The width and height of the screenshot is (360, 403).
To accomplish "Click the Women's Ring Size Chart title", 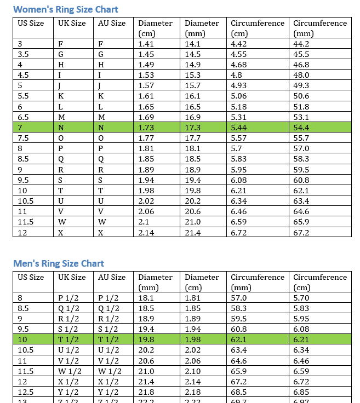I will (x=66, y=9).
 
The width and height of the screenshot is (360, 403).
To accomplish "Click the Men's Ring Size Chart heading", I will (x=59, y=263).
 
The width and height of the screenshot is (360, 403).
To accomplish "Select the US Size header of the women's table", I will (x=31, y=23).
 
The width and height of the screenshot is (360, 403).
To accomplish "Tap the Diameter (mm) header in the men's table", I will (x=155, y=282).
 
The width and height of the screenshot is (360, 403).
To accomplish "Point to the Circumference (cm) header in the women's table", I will (x=258, y=28).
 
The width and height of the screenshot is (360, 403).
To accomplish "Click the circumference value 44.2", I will (x=301, y=44).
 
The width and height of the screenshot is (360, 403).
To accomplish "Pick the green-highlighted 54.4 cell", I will (x=301, y=128).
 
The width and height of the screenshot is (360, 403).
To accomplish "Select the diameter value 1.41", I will (x=146, y=44).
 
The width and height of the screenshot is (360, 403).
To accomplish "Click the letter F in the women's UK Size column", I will (x=60, y=44).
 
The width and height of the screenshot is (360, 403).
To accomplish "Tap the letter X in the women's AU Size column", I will (x=101, y=233).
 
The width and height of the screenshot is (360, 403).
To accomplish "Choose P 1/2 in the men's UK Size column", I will (x=68, y=298).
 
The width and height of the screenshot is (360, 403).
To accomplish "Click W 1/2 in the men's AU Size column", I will (x=110, y=371).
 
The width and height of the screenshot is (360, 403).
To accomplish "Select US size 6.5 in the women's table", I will (x=24, y=117).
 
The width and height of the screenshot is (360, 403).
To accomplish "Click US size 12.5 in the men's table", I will (x=26, y=392).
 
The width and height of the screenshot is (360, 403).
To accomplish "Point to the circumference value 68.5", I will (x=239, y=392).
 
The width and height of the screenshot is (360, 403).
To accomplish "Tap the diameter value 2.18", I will (x=193, y=392).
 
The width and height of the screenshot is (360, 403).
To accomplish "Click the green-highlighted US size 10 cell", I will (x=22, y=340).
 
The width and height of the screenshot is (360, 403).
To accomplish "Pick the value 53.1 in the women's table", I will (x=301, y=117).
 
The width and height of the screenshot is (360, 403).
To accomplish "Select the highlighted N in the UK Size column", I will (x=61, y=128).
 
